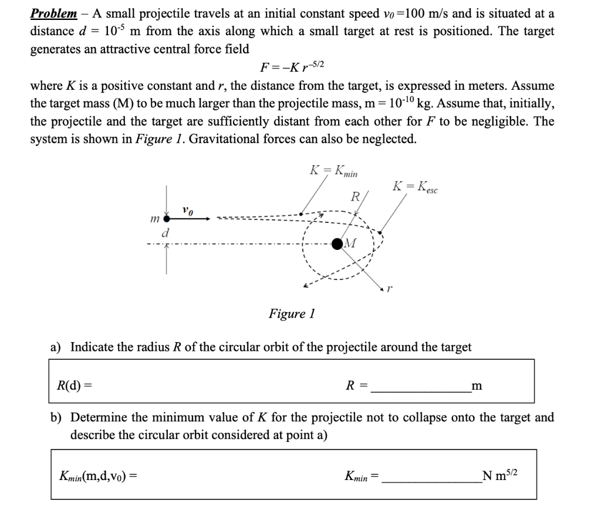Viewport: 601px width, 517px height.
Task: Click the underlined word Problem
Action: click(53, 13)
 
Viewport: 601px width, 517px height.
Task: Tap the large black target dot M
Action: click(338, 243)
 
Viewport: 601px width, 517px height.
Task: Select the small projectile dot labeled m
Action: click(167, 218)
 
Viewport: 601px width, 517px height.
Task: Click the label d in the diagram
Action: click(166, 234)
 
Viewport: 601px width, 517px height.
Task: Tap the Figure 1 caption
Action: click(292, 313)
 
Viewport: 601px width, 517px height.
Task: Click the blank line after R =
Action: click(420, 387)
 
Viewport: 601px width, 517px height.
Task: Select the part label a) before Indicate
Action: click(56, 347)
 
